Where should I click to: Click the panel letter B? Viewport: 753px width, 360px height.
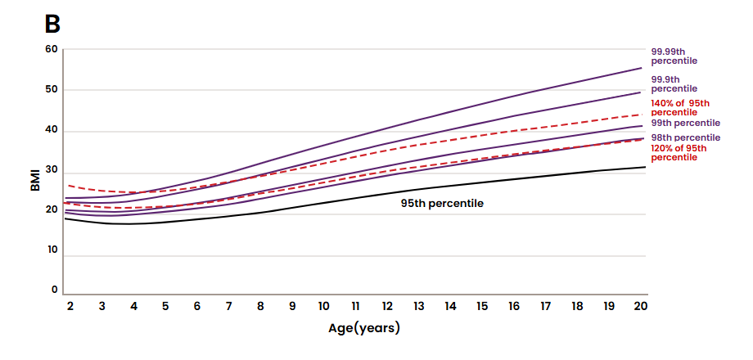pyautogui.click(x=52, y=24)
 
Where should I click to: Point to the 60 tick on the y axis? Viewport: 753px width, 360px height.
pyautogui.click(x=52, y=49)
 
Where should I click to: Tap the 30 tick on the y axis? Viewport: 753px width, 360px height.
pyautogui.click(x=52, y=170)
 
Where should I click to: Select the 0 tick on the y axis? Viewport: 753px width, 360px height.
pyautogui.click(x=55, y=290)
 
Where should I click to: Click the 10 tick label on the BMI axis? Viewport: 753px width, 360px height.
pyautogui.click(x=52, y=250)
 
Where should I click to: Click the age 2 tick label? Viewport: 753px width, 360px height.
pyautogui.click(x=70, y=306)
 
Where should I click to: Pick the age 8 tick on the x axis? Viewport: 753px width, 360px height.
pyautogui.click(x=260, y=306)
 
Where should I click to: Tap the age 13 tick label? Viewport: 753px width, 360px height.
pyautogui.click(x=419, y=306)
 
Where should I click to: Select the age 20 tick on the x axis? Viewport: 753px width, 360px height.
pyautogui.click(x=640, y=306)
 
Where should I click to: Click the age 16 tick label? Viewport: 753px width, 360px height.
pyautogui.click(x=514, y=306)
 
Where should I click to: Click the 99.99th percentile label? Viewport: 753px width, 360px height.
pyautogui.click(x=674, y=56)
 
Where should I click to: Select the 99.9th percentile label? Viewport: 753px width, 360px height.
pyautogui.click(x=674, y=83)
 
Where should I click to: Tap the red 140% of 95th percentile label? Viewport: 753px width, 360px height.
pyautogui.click(x=679, y=107)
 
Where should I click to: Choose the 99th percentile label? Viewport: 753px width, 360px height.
pyautogui.click(x=685, y=122)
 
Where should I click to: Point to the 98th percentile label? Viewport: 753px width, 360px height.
pyautogui.click(x=685, y=137)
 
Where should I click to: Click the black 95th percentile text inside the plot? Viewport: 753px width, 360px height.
pyautogui.click(x=442, y=202)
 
